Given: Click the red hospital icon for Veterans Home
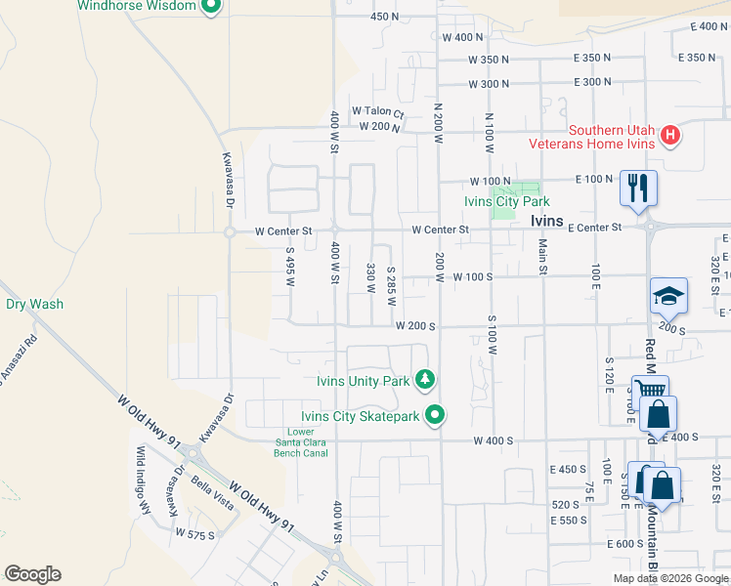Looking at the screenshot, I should pyautogui.click(x=669, y=136).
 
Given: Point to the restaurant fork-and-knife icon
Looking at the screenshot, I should pyautogui.click(x=638, y=187).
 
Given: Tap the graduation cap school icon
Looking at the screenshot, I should pyautogui.click(x=669, y=295).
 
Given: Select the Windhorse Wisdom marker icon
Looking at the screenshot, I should pyautogui.click(x=210, y=7).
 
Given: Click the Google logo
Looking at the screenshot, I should pyautogui.click(x=32, y=574).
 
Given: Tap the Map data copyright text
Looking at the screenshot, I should pyautogui.click(x=670, y=578).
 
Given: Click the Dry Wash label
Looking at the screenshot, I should pyautogui.click(x=34, y=304).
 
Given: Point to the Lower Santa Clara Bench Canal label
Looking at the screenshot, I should pyautogui.click(x=315, y=442).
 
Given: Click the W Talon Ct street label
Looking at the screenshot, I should pyautogui.click(x=377, y=111).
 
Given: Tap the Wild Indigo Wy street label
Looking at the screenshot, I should pyautogui.click(x=143, y=481).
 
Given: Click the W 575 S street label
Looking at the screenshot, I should pyautogui.click(x=195, y=533).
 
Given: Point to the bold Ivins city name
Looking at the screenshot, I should pyautogui.click(x=546, y=221).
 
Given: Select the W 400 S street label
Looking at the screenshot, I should pyautogui.click(x=494, y=441).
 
